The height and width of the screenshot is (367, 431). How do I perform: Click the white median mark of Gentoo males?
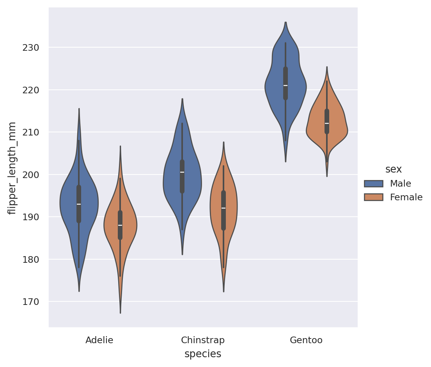[x=286, y=86]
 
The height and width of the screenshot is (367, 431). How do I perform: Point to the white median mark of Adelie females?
[x=120, y=225]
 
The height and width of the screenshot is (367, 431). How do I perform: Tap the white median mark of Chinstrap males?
[x=182, y=172]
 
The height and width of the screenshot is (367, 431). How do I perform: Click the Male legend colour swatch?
[x=374, y=183]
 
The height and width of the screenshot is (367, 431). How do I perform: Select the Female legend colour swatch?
[x=374, y=197]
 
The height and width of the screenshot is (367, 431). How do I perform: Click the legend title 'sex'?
[x=393, y=169]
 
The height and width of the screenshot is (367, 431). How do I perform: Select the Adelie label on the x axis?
[x=99, y=340]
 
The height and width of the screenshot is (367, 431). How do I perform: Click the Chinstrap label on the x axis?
[x=203, y=340]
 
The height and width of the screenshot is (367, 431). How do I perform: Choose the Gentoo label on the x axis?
[x=306, y=340]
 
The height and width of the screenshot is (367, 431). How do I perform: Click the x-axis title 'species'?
[x=203, y=354]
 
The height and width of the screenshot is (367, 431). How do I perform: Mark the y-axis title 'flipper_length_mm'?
[x=12, y=168]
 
